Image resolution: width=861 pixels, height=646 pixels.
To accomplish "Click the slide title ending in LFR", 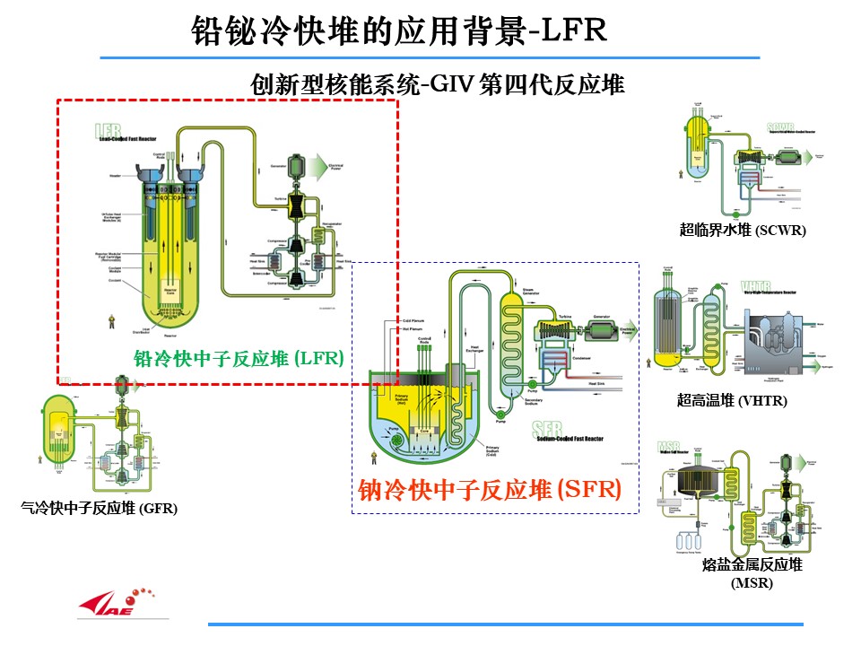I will (x=400, y=31).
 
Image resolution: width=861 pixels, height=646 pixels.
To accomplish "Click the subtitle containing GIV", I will (x=438, y=85).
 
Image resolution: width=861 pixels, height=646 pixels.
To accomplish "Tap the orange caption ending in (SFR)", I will (x=490, y=490).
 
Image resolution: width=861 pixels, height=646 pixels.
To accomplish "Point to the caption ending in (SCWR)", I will (x=743, y=231).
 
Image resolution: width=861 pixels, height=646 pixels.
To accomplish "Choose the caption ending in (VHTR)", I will (x=732, y=401).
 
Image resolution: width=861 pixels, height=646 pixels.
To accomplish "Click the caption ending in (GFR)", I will (x=99, y=509).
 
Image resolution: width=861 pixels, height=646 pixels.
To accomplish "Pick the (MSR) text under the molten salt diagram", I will (x=752, y=583).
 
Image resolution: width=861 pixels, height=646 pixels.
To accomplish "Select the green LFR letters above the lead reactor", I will (x=108, y=131).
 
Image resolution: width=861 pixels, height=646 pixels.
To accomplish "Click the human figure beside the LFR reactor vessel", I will (x=112, y=319).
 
